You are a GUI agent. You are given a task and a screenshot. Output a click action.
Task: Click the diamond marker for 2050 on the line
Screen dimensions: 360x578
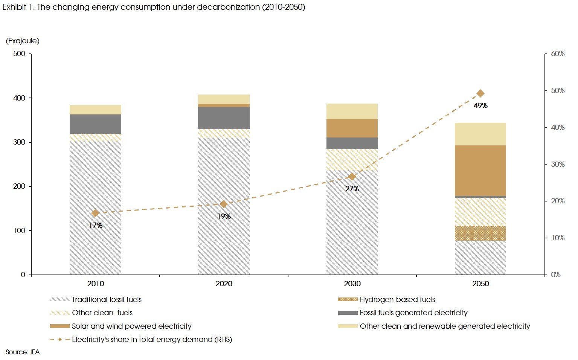click(480, 93)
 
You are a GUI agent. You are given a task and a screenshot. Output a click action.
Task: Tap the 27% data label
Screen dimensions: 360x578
click(352, 189)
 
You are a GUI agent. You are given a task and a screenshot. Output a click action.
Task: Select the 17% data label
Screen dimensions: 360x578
click(96, 225)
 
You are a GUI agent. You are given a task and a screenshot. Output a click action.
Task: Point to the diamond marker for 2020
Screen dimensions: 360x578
click(224, 204)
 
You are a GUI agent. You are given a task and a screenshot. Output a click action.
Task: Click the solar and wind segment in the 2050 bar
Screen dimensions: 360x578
click(480, 170)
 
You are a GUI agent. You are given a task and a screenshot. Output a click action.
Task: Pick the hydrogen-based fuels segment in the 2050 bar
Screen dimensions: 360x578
click(480, 233)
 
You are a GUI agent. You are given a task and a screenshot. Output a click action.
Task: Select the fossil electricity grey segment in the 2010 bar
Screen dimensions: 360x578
click(96, 124)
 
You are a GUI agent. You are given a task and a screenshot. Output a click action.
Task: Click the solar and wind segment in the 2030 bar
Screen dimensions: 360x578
click(352, 128)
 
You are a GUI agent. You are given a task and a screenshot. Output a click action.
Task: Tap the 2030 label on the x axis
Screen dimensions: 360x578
click(352, 284)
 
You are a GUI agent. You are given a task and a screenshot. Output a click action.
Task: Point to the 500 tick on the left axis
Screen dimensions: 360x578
click(19, 54)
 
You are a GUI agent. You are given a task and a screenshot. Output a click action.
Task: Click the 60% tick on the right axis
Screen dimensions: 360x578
click(558, 54)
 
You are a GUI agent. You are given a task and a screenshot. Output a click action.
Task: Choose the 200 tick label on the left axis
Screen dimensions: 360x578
click(19, 186)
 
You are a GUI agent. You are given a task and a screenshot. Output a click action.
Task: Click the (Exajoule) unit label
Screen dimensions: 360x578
click(23, 41)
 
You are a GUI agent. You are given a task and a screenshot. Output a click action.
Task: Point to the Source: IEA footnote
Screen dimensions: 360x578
click(23, 352)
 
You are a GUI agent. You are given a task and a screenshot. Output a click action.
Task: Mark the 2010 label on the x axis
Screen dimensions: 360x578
click(96, 284)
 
